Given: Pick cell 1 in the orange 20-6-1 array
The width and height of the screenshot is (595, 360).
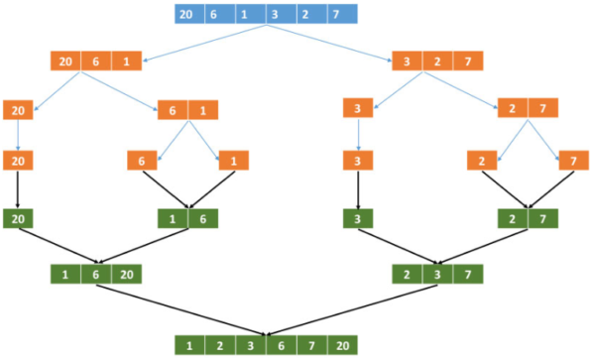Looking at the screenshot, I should (127, 61).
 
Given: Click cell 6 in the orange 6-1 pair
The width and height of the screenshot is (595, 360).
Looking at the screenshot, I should (173, 109).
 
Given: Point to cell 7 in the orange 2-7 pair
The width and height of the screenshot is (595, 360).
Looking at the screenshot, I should (542, 109).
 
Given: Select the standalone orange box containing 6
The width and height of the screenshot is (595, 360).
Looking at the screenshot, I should (143, 159).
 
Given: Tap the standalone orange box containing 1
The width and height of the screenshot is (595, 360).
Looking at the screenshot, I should (233, 159).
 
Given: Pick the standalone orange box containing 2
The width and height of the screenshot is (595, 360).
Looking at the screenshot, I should (484, 159).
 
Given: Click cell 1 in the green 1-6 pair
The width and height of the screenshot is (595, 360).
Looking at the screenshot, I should (173, 218).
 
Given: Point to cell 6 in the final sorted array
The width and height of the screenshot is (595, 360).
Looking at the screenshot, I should (280, 345).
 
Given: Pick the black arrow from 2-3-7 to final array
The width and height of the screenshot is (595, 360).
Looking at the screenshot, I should (357, 310).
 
